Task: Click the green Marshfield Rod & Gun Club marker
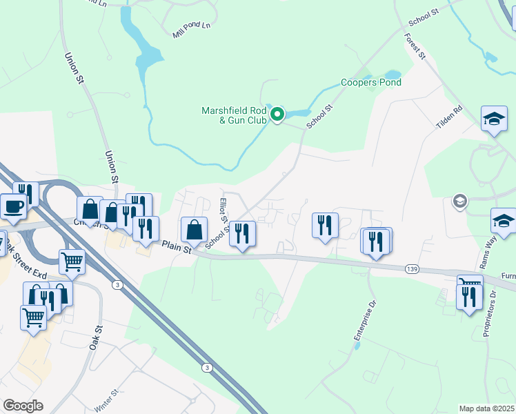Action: point(277,115)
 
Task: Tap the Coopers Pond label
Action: point(371,82)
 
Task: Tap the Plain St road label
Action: point(176,246)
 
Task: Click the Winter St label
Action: point(107,400)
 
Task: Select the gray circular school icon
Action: point(459,201)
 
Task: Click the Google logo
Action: point(23,406)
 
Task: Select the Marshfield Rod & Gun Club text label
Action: point(234,115)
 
